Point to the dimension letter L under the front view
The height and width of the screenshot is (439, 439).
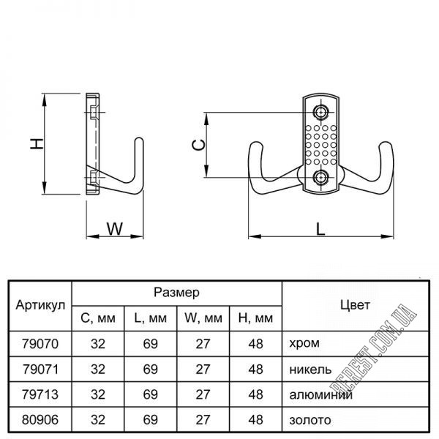point(320,228)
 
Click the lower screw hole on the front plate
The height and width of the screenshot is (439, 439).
point(321,178)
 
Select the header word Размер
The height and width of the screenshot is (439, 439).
point(177,293)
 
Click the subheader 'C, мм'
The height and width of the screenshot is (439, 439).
point(97,318)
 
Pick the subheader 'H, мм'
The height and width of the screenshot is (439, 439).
point(255,318)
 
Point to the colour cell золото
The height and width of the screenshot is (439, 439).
point(310,419)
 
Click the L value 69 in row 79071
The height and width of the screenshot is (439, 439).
point(150,368)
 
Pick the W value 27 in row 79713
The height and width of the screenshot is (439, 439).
point(203,394)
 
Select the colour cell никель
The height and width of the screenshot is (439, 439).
point(311,368)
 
